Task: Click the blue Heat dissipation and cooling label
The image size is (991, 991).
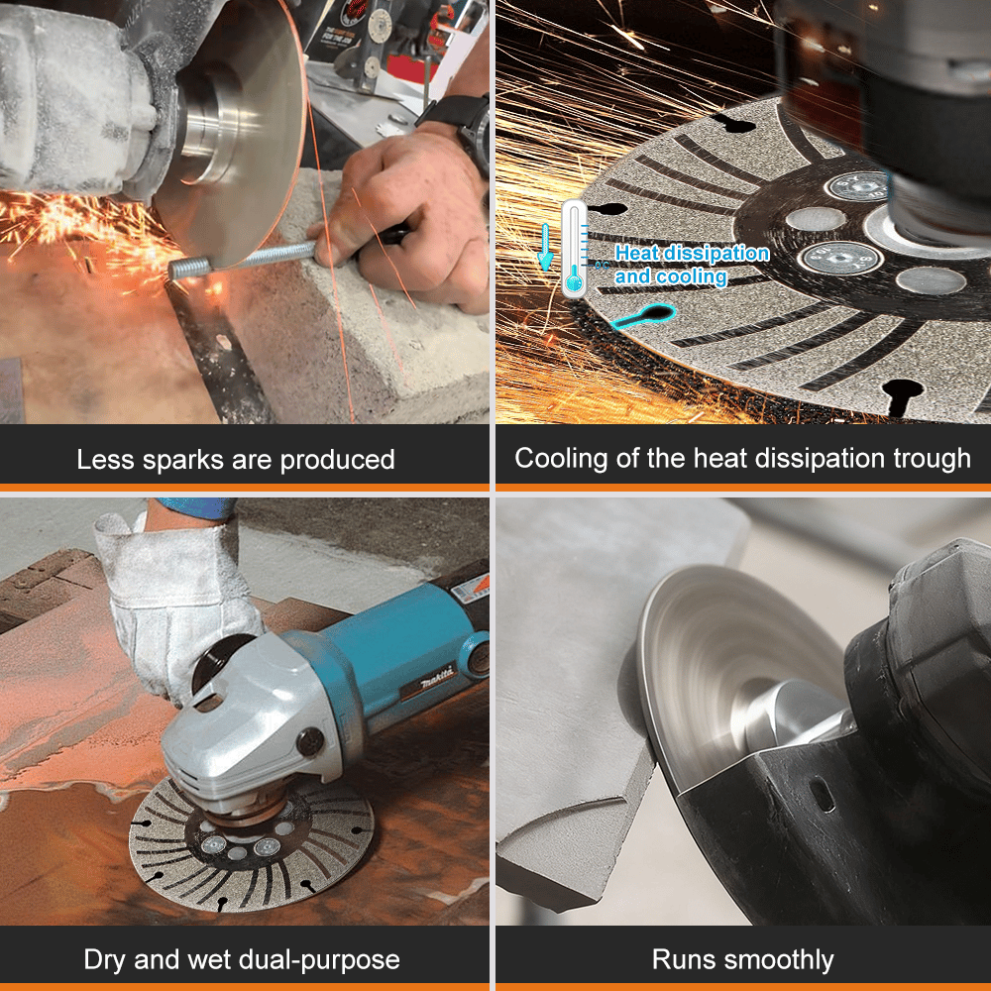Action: pos(691,265)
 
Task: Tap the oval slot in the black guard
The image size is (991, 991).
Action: pos(822,793)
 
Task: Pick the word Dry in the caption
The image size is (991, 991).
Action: pos(105,959)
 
